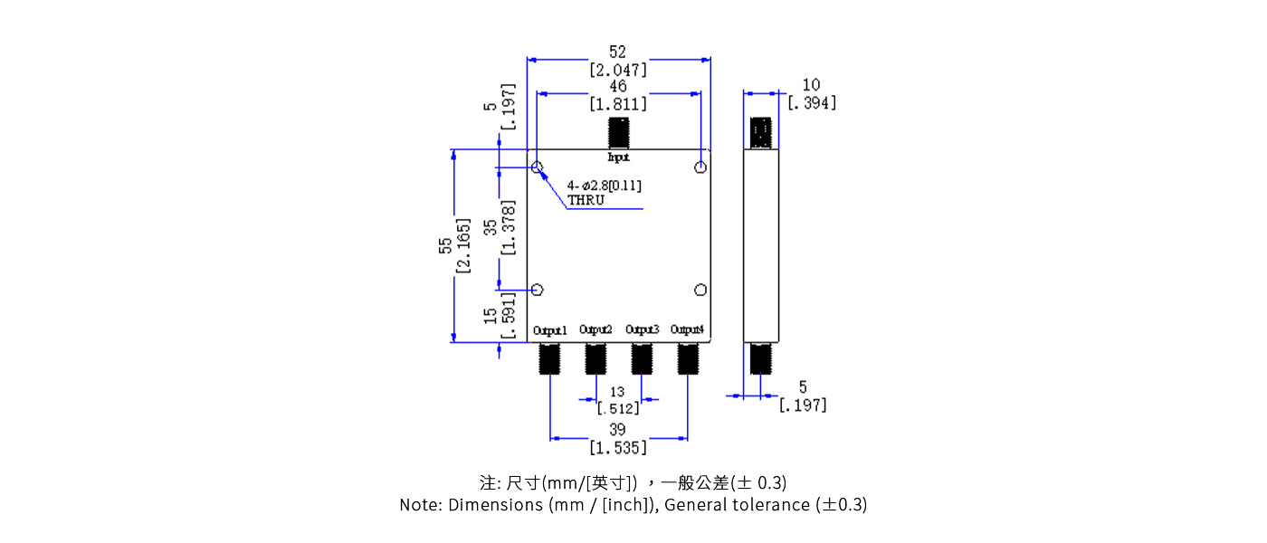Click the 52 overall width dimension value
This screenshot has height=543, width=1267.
617,52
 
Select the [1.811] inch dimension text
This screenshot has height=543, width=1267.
618,104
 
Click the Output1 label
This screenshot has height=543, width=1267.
549,330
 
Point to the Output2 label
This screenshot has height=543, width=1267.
595,329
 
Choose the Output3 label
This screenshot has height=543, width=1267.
642,329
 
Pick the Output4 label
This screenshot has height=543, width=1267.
687,329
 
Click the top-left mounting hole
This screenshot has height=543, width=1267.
537,167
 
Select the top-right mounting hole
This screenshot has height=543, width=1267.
700,167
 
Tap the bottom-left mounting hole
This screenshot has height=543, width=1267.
537,290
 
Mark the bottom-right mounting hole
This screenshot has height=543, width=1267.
700,290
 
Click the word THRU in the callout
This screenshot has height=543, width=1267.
586,200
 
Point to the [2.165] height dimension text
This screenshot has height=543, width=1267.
463,245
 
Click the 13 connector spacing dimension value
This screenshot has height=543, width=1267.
617,392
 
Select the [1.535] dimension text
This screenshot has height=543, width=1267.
618,447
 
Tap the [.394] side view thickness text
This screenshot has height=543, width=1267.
812,103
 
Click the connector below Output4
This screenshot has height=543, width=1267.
687,358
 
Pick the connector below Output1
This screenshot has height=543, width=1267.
549,358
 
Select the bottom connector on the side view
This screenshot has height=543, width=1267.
761,358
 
